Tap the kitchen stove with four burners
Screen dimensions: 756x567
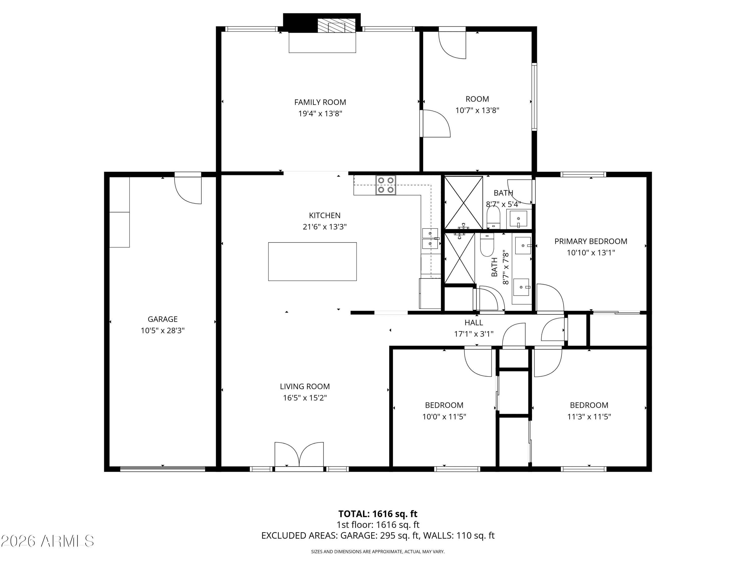386,185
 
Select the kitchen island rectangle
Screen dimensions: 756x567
312,262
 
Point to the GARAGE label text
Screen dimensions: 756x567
163,319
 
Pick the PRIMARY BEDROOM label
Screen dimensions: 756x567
591,242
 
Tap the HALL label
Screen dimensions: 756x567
474,323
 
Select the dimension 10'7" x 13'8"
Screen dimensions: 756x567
478,110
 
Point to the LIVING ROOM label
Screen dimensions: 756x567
305,387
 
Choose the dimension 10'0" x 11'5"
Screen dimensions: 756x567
444,417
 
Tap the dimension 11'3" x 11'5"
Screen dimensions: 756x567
589,417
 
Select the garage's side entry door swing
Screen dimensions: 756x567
188,190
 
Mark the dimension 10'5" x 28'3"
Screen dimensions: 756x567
163,330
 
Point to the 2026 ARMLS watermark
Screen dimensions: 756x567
47,541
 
